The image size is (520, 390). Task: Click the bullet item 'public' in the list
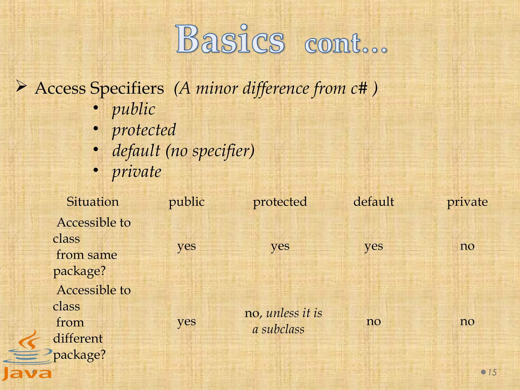click(134, 109)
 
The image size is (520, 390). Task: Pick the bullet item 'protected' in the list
click(144, 130)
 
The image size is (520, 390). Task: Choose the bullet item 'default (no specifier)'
click(183, 151)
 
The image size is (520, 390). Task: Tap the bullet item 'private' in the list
click(137, 172)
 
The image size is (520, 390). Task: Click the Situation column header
click(93, 202)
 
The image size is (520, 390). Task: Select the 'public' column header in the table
click(187, 202)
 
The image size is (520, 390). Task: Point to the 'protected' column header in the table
click(280, 202)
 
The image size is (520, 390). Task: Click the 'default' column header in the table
click(374, 202)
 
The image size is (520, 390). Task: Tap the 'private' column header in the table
click(467, 202)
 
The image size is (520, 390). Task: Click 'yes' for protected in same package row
click(280, 246)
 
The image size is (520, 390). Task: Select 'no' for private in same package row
click(467, 246)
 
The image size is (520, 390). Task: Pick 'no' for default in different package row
click(374, 321)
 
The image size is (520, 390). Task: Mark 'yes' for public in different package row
click(187, 321)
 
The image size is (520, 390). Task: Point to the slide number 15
click(492, 372)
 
